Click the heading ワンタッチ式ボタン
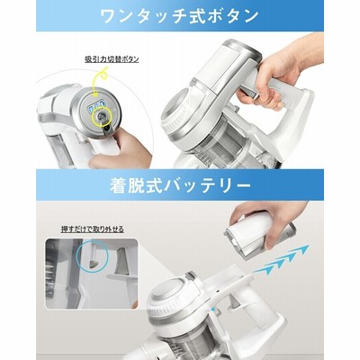point(180,15)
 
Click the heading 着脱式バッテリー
point(180,186)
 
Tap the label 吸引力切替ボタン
point(112,59)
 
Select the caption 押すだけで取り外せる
point(93,229)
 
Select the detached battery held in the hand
point(258,233)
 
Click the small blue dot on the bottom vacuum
point(212,309)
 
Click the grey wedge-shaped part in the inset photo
point(122,260)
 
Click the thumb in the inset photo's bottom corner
point(132,304)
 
